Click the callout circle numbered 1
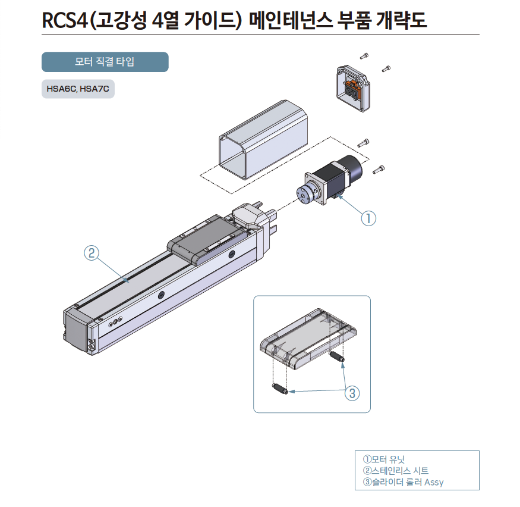[x=368, y=218]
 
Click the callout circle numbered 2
[x=91, y=253]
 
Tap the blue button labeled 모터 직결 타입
[x=105, y=62]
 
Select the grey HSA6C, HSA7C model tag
[x=78, y=90]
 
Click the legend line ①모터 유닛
[x=383, y=459]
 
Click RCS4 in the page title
[x=64, y=21]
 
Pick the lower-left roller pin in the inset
[x=281, y=390]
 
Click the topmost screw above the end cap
[x=364, y=57]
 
